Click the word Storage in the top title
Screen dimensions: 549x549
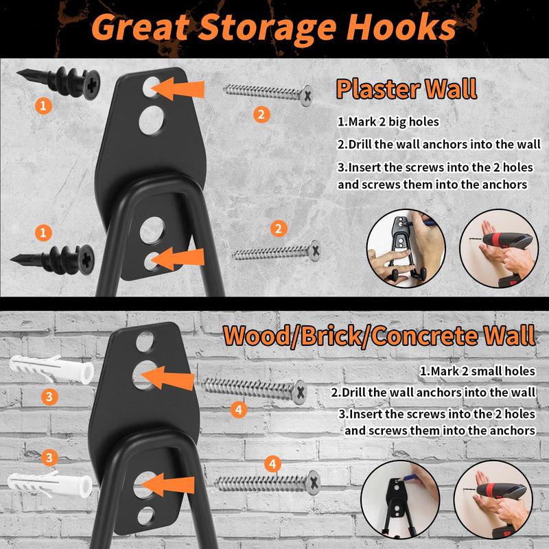(x=268, y=30)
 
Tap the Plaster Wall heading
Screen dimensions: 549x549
(x=406, y=89)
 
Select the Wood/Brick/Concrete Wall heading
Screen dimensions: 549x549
(x=379, y=336)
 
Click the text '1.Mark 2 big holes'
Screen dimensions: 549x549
(x=388, y=122)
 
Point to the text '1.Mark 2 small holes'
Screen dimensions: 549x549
(x=478, y=371)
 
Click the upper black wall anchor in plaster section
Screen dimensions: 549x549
(x=59, y=82)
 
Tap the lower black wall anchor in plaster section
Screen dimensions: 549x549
(x=53, y=260)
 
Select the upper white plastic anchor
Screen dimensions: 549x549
(x=51, y=369)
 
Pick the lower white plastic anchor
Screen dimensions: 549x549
(x=49, y=484)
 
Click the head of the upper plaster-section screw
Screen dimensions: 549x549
(x=307, y=95)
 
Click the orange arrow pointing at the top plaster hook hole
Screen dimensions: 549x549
(x=178, y=89)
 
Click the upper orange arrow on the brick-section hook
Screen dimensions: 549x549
(x=167, y=378)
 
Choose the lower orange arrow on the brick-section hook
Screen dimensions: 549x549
(x=167, y=484)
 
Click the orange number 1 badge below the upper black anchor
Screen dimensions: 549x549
(x=43, y=106)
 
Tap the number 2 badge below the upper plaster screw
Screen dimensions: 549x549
(x=261, y=115)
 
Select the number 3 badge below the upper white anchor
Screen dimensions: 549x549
(x=49, y=397)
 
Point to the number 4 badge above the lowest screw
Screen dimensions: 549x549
(x=272, y=465)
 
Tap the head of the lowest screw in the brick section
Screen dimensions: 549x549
(x=313, y=483)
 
